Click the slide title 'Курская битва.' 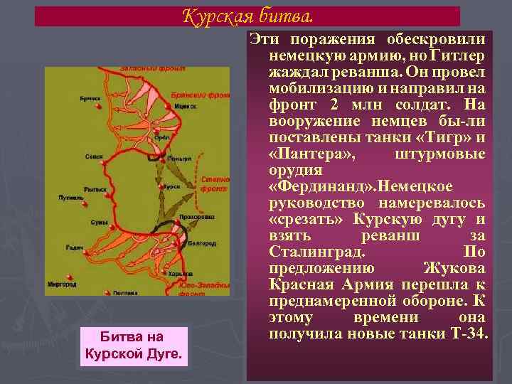click(247, 15)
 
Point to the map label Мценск click(184, 102)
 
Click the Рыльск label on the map click(95, 189)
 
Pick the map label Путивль click(72, 198)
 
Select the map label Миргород click(62, 284)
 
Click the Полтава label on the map click(127, 292)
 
